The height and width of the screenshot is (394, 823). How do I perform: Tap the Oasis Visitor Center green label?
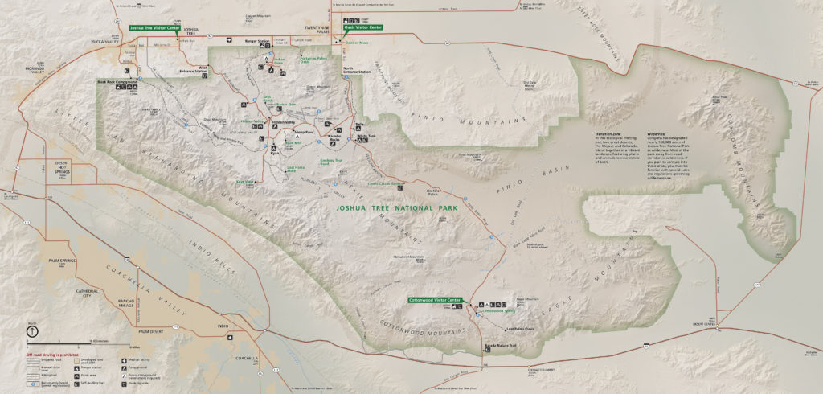(x=363, y=27)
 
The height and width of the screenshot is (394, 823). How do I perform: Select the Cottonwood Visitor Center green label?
(x=436, y=299)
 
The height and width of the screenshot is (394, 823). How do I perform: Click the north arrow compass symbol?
(x=31, y=331)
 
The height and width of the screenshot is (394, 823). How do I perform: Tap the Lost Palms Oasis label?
(x=520, y=328)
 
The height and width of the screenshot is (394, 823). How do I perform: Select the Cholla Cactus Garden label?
(x=383, y=183)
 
